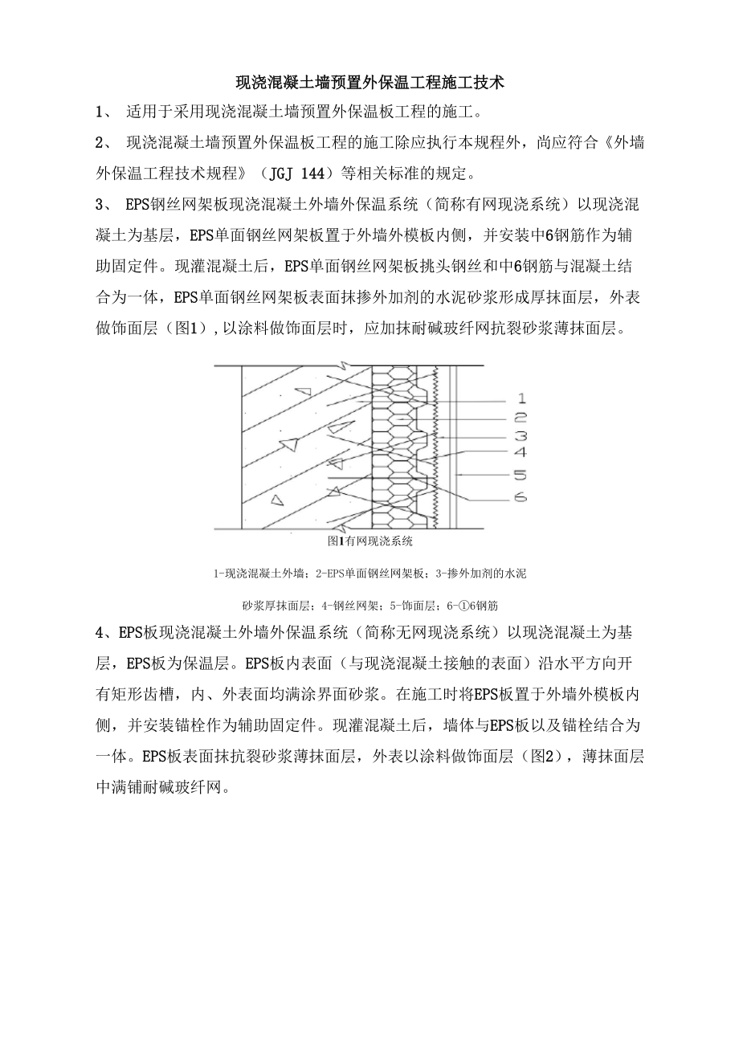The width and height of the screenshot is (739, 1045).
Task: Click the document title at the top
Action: [x=369, y=82]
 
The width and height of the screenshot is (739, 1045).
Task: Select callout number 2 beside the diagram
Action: [x=521, y=418]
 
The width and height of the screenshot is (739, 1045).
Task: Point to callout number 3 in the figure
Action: [x=521, y=436]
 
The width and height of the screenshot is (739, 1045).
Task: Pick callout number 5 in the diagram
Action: [x=521, y=476]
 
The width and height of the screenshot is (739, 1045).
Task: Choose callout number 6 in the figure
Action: [x=521, y=498]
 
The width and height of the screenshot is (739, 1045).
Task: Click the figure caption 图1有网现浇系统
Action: [x=370, y=542]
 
